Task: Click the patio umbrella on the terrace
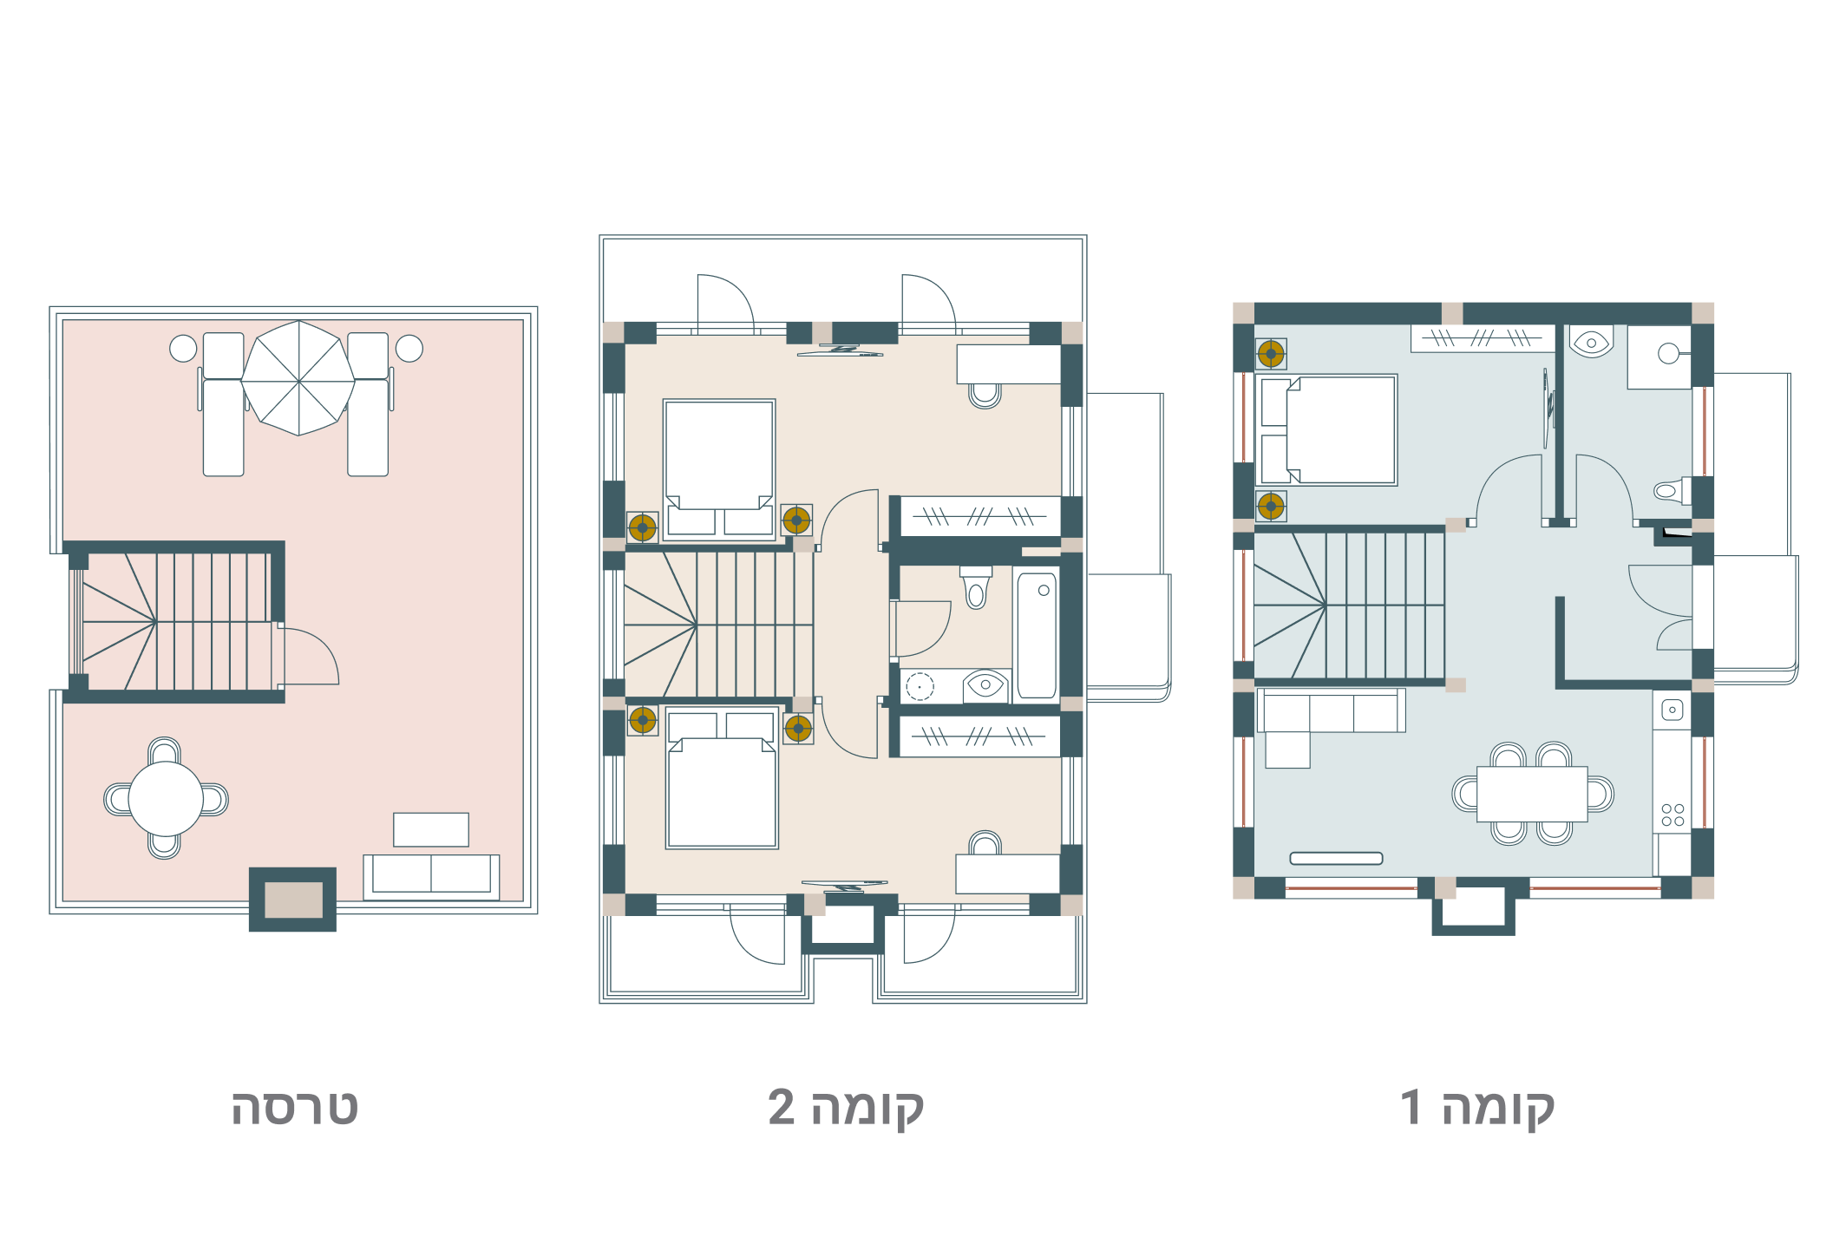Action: tap(298, 378)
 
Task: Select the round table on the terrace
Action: tap(166, 799)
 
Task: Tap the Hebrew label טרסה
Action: tap(294, 1108)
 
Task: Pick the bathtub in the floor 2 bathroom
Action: tap(1037, 633)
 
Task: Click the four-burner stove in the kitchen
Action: tap(1673, 815)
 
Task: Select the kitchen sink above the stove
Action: tap(1673, 710)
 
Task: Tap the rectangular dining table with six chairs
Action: tap(1532, 794)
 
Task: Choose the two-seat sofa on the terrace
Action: tap(431, 877)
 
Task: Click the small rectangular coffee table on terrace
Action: tap(431, 829)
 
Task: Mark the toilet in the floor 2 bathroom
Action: tap(976, 587)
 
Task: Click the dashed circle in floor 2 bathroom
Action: tap(920, 687)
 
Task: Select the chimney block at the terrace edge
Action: tap(293, 900)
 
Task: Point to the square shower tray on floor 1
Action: tap(1659, 357)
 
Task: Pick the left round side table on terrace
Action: tap(183, 349)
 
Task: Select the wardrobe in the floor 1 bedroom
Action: tap(1483, 338)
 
